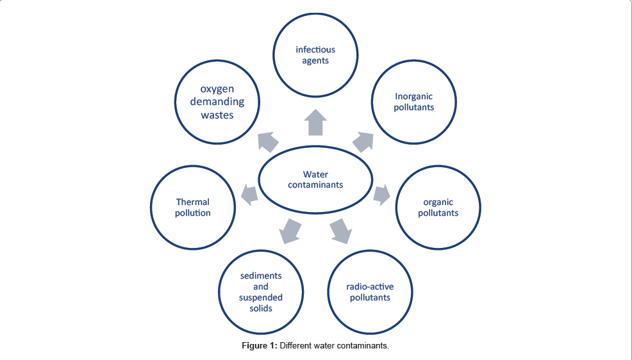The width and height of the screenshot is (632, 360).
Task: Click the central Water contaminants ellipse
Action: coord(315,179)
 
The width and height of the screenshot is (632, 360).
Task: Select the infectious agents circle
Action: coord(315,55)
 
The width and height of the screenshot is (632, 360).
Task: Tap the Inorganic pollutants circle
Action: coord(414,102)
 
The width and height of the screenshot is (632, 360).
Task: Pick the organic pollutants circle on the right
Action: coord(438,208)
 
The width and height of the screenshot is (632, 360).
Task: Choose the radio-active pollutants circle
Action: coord(370,292)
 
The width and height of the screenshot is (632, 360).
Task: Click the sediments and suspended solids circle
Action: coord(261,292)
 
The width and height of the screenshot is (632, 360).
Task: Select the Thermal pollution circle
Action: coord(192,208)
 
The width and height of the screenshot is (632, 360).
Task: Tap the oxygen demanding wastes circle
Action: coord(217,102)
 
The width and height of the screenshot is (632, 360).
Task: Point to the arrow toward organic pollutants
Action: coord(381,194)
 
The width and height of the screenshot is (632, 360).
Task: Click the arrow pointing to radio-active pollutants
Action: coord(340,230)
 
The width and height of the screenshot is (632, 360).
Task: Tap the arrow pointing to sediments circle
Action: coord(291,230)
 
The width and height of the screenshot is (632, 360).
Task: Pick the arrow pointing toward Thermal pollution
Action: coord(249,193)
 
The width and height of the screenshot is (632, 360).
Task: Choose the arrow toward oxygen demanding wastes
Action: coord(268,141)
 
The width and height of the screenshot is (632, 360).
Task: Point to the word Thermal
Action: coord(193,202)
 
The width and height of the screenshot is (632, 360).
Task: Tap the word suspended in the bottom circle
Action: coord(261,297)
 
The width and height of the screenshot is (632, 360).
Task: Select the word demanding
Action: coord(217,102)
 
